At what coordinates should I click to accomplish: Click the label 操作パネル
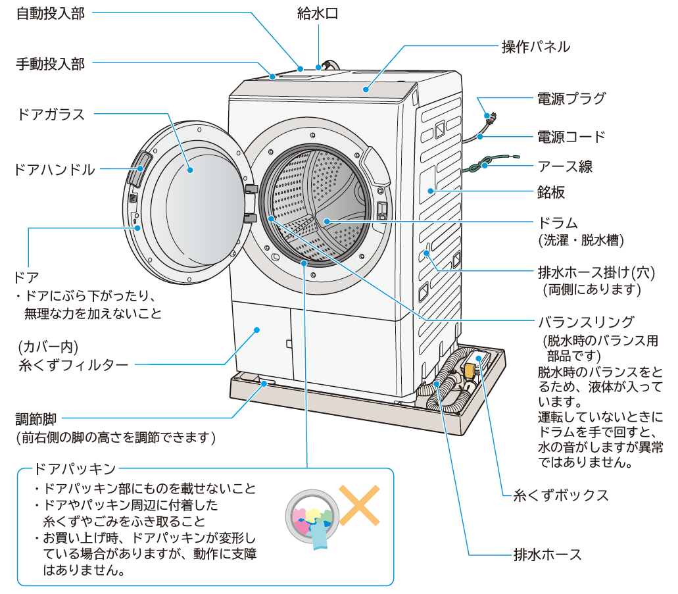coord(536,47)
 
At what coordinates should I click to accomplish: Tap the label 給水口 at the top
coord(318,14)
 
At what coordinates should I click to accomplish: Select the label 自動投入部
coord(50,14)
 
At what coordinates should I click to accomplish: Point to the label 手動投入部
coord(50,64)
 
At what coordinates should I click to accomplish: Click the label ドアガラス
coord(51,114)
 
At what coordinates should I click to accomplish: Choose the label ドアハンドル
coord(54,170)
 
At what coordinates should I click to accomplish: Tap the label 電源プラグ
coord(571,99)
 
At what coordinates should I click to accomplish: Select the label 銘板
coord(550,193)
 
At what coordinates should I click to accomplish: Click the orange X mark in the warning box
coord(359,505)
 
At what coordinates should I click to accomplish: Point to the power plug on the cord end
coord(490,118)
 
